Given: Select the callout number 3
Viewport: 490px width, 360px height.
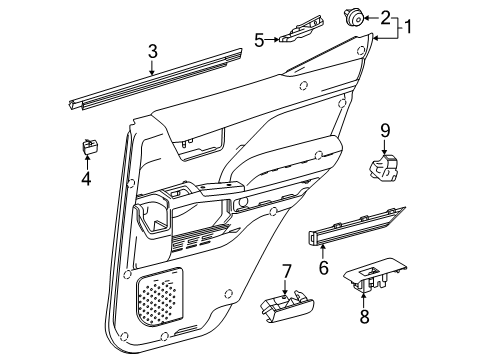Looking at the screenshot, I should point(152,51).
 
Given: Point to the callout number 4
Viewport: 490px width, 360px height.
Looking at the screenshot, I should point(86,180).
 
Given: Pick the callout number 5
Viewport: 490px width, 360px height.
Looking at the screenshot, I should point(258,41).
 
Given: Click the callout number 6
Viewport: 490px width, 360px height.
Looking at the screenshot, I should point(323,267).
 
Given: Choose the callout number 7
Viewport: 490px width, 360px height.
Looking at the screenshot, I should point(285,270).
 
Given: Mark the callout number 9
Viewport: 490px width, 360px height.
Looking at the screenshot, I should point(384,130).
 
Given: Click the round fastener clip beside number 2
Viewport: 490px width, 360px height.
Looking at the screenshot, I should point(356,16).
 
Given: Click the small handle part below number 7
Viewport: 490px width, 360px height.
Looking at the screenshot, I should point(280,309).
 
